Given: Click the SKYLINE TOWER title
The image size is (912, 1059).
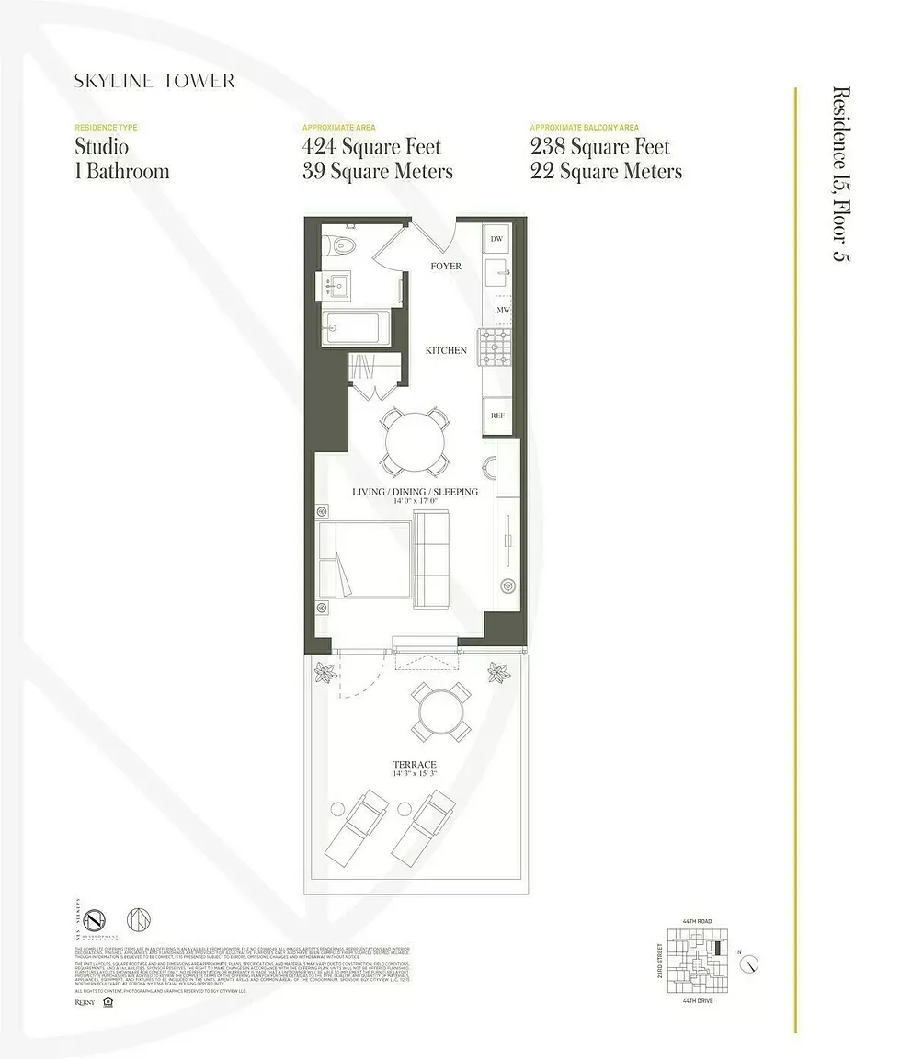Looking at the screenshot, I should pos(154,81).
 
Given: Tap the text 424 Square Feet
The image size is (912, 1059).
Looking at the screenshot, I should pos(371,147).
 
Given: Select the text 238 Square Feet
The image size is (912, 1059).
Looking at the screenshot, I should pos(599,147).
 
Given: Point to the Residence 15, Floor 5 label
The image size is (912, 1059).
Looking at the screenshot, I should pos(840,175).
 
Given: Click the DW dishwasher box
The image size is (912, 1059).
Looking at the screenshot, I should pos(496,239).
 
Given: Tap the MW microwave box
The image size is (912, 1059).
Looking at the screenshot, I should pos(503,311).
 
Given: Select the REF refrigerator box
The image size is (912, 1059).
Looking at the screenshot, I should pos(497,416).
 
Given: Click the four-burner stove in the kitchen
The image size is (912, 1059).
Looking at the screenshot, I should pos(495,348).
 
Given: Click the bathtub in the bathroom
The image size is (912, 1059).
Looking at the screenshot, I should pos(356,327).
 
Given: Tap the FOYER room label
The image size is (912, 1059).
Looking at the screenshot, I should pos(446,267).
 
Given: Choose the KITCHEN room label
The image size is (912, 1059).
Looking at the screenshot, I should pos(445,350).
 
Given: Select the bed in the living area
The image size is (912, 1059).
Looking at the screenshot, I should pos(363,560).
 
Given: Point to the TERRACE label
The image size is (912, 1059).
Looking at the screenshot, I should pos(415,764).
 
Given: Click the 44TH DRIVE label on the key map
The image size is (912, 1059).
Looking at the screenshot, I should pos(698,1000).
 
